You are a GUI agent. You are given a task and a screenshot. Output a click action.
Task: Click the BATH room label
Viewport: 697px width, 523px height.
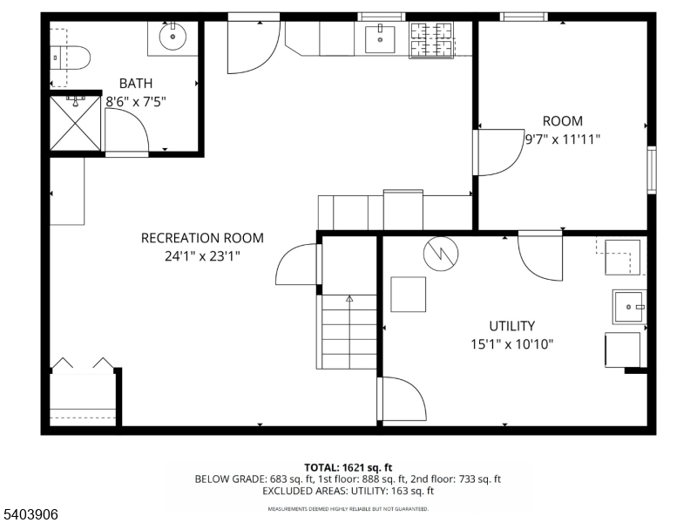coord(136,84)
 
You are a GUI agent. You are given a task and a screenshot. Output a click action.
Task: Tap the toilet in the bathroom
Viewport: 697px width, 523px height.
coord(70,58)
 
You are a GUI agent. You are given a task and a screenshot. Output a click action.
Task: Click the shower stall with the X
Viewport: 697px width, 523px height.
coord(75,123)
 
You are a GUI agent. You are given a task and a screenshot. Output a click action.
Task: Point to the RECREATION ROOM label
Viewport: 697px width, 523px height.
coord(202,238)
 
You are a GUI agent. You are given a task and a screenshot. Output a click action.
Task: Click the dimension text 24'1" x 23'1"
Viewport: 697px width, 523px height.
coord(202,256)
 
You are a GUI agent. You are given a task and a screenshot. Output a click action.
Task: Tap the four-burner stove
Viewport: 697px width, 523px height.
coord(431,40)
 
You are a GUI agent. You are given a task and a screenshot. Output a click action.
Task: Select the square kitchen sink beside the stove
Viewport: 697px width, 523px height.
coord(380,39)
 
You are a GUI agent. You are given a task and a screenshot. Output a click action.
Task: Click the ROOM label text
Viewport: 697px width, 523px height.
coord(562,121)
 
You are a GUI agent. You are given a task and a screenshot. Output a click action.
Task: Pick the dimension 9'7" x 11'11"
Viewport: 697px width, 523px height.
coord(562,139)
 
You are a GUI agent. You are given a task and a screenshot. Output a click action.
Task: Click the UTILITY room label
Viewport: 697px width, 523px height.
coord(511,326)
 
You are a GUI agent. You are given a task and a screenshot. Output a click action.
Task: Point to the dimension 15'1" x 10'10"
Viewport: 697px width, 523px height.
coord(512,344)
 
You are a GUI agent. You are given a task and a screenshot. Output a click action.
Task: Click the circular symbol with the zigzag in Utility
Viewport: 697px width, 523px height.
coord(441,254)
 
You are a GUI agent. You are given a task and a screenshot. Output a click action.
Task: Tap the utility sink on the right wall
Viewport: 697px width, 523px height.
coord(629,307)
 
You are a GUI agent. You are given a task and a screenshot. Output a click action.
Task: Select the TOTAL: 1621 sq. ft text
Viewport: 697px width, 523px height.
coord(348,467)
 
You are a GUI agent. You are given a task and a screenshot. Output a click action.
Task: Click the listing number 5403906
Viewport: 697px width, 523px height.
coord(30,514)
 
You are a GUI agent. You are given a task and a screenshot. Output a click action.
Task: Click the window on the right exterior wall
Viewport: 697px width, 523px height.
coord(651,169)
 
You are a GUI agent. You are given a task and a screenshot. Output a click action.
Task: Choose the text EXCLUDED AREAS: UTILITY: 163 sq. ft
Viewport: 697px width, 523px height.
coord(348,491)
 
